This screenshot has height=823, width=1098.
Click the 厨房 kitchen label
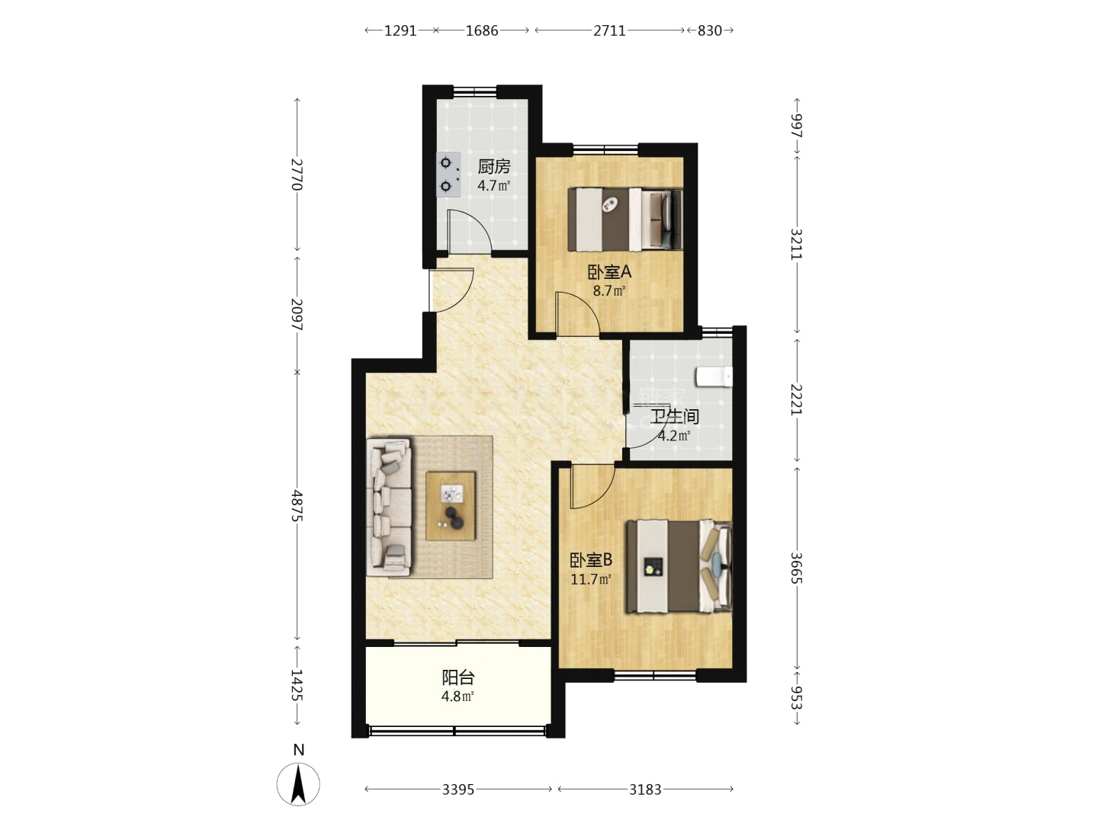tap(493, 166)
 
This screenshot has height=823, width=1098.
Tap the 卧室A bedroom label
tap(608, 272)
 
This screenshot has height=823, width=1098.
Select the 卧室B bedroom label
tap(591, 560)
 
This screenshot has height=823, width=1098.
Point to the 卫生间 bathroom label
tap(674, 417)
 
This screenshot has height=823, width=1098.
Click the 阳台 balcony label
tap(457, 677)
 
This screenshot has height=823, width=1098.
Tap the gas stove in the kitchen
tap(448, 175)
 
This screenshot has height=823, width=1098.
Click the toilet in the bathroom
tap(714, 376)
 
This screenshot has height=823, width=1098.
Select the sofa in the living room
tap(389, 507)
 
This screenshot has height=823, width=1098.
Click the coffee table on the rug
tap(450, 506)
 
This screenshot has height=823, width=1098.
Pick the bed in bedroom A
tap(624, 219)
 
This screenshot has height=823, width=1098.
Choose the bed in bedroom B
tap(679, 566)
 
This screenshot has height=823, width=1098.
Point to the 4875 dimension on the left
tap(297, 505)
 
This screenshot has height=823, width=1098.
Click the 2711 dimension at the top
tap(609, 31)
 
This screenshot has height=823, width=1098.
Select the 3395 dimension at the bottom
tap(458, 789)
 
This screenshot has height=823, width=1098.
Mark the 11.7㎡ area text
tap(591, 580)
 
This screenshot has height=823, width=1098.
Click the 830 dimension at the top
tap(709, 31)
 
